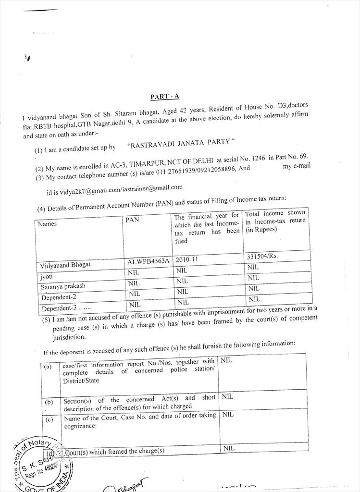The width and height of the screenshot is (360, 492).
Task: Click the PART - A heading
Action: point(164,97)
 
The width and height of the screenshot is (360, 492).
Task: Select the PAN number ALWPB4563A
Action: point(149,261)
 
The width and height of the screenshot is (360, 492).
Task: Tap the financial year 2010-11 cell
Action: point(186,259)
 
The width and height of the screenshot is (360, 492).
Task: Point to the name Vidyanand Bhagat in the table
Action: point(65,264)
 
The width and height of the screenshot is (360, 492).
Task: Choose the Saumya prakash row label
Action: point(63,286)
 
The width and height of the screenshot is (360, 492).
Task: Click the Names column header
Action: point(47,224)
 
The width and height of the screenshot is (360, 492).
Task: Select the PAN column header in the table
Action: point(132,220)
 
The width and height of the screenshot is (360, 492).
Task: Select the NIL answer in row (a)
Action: point(226,360)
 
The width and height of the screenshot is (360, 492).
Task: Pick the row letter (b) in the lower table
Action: point(49,402)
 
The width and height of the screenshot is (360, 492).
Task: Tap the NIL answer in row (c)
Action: point(227,414)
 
